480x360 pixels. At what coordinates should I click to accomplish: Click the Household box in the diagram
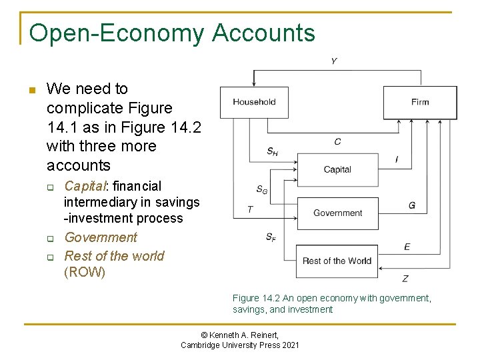[x=254, y=102]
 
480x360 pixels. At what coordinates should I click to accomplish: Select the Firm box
[x=419, y=102]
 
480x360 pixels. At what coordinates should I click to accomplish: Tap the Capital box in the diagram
[x=337, y=169]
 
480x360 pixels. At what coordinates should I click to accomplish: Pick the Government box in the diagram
[x=337, y=213]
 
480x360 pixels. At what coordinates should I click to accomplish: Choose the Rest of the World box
[x=337, y=261]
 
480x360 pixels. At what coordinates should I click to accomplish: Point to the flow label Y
[x=333, y=61]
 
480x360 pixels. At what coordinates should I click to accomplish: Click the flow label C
[x=337, y=141]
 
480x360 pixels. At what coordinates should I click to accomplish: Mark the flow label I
[x=397, y=159]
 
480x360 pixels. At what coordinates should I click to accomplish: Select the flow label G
[x=412, y=205]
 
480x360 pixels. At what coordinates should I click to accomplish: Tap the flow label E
[x=407, y=247]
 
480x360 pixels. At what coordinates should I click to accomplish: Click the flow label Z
[x=405, y=278]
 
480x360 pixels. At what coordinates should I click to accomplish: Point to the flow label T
[x=250, y=209]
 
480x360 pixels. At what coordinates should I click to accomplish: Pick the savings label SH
[x=272, y=152]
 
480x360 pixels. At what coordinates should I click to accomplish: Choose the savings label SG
[x=262, y=190]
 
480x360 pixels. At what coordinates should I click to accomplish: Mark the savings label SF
[x=271, y=237]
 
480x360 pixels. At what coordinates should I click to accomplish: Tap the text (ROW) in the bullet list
[x=85, y=273]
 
